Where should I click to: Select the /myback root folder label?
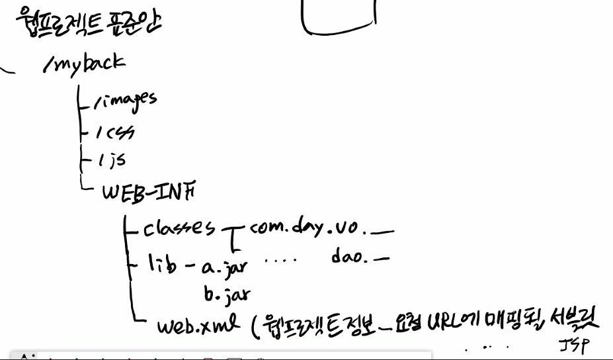pos(83,65)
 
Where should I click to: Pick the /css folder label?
pos(114,132)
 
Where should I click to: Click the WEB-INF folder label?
pos(148,191)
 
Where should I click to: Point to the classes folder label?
pos(179,229)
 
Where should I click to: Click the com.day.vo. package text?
pos(305,229)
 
